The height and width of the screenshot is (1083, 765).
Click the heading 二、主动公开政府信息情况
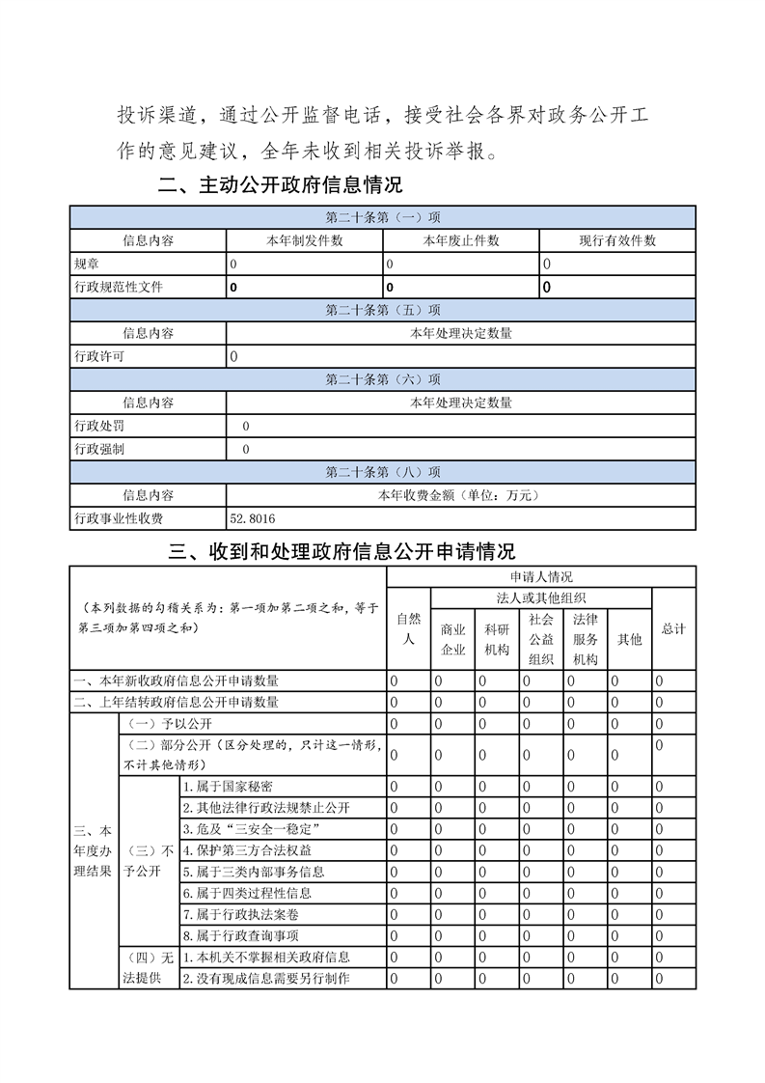pyautogui.click(x=280, y=185)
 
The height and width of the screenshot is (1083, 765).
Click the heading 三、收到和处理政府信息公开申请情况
pyautogui.click(x=342, y=551)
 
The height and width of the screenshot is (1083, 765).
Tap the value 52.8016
pyautogui.click(x=252, y=519)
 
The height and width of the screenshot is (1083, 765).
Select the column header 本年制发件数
pyautogui.click(x=304, y=241)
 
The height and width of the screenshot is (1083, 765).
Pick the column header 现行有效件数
pyautogui.click(x=617, y=241)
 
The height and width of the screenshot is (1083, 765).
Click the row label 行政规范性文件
pyautogui.click(x=119, y=287)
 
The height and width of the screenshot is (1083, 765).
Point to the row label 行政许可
pyautogui.click(x=99, y=356)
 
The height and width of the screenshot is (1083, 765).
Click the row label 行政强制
pyautogui.click(x=99, y=449)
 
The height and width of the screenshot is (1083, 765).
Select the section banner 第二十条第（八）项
pyautogui.click(x=383, y=472)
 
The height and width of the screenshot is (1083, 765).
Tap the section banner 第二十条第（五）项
pyautogui.click(x=383, y=311)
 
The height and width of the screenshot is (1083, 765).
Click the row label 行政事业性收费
pyautogui.click(x=119, y=519)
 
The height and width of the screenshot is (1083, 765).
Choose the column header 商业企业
pyautogui.click(x=452, y=639)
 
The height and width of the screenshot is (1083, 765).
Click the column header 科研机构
pyautogui.click(x=497, y=639)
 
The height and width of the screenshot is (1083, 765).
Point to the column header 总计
pyautogui.click(x=673, y=628)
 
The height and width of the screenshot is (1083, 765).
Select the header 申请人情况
pyautogui.click(x=540, y=576)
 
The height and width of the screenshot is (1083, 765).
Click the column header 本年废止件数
pyautogui.click(x=461, y=241)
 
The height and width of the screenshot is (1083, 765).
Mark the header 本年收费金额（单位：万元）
pyautogui.click(x=461, y=495)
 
